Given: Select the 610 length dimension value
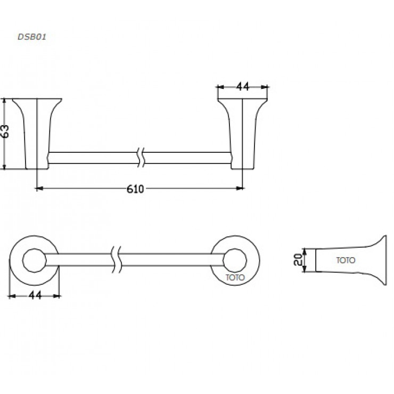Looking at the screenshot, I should (x=136, y=188).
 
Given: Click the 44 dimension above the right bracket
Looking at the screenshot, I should (x=243, y=87).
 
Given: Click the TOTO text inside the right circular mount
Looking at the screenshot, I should (x=235, y=277).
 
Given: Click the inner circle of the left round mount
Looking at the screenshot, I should (x=35, y=260).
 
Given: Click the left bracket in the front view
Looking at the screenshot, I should (x=37, y=133).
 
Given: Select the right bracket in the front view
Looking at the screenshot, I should (x=242, y=133).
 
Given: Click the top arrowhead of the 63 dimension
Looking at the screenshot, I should (x=5, y=101).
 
